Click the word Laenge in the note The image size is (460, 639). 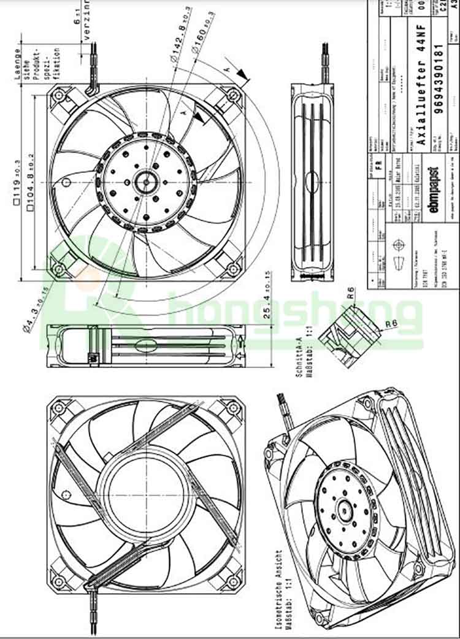click(17, 64)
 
